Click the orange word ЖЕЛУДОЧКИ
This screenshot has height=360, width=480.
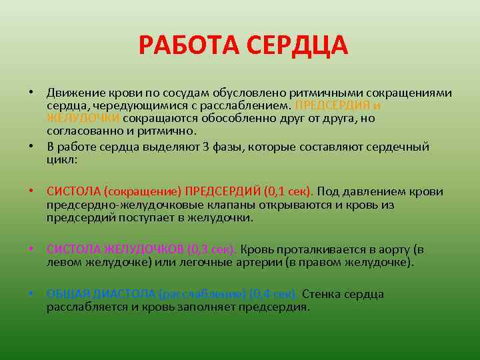pyautogui.click(x=83, y=118)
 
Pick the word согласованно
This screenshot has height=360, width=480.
pyautogui.click(x=79, y=131)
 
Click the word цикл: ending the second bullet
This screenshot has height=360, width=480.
pyautogui.click(x=62, y=160)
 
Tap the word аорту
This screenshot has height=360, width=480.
pyautogui.click(x=386, y=250)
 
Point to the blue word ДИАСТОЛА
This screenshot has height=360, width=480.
pyautogui.click(x=125, y=294)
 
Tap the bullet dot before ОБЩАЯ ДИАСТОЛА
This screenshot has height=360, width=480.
pyautogui.click(x=31, y=294)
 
